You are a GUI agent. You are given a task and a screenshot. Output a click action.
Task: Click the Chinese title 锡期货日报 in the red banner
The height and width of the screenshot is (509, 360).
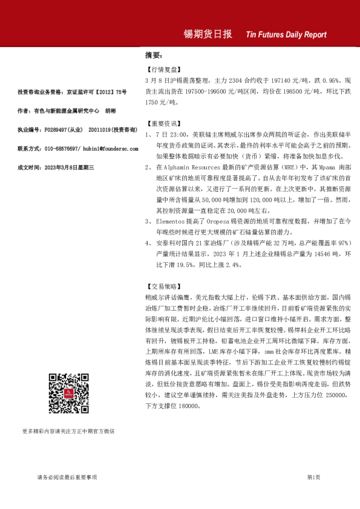coord(208,34)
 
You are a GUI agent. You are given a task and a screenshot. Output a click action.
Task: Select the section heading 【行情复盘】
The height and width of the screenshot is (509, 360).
coord(163,70)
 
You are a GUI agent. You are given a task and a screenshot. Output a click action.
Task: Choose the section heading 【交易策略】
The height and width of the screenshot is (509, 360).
coord(163,286)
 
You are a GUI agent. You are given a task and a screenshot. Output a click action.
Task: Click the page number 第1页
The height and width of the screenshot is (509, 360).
coord(313,478)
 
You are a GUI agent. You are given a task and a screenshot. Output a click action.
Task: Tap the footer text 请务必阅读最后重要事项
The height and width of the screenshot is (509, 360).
coord(67,478)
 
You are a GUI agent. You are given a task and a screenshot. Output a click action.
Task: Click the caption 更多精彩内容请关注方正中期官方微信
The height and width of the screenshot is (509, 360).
coord(68,431)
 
